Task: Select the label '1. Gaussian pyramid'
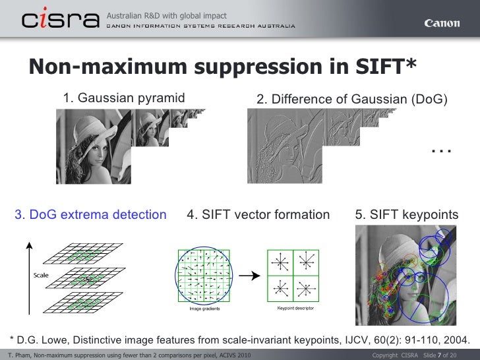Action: tap(124, 99)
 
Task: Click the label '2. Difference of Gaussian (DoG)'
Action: tap(351, 100)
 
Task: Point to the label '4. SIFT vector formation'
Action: tap(258, 214)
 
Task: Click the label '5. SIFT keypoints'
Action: tap(406, 214)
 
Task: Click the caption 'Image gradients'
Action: tap(205, 308)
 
